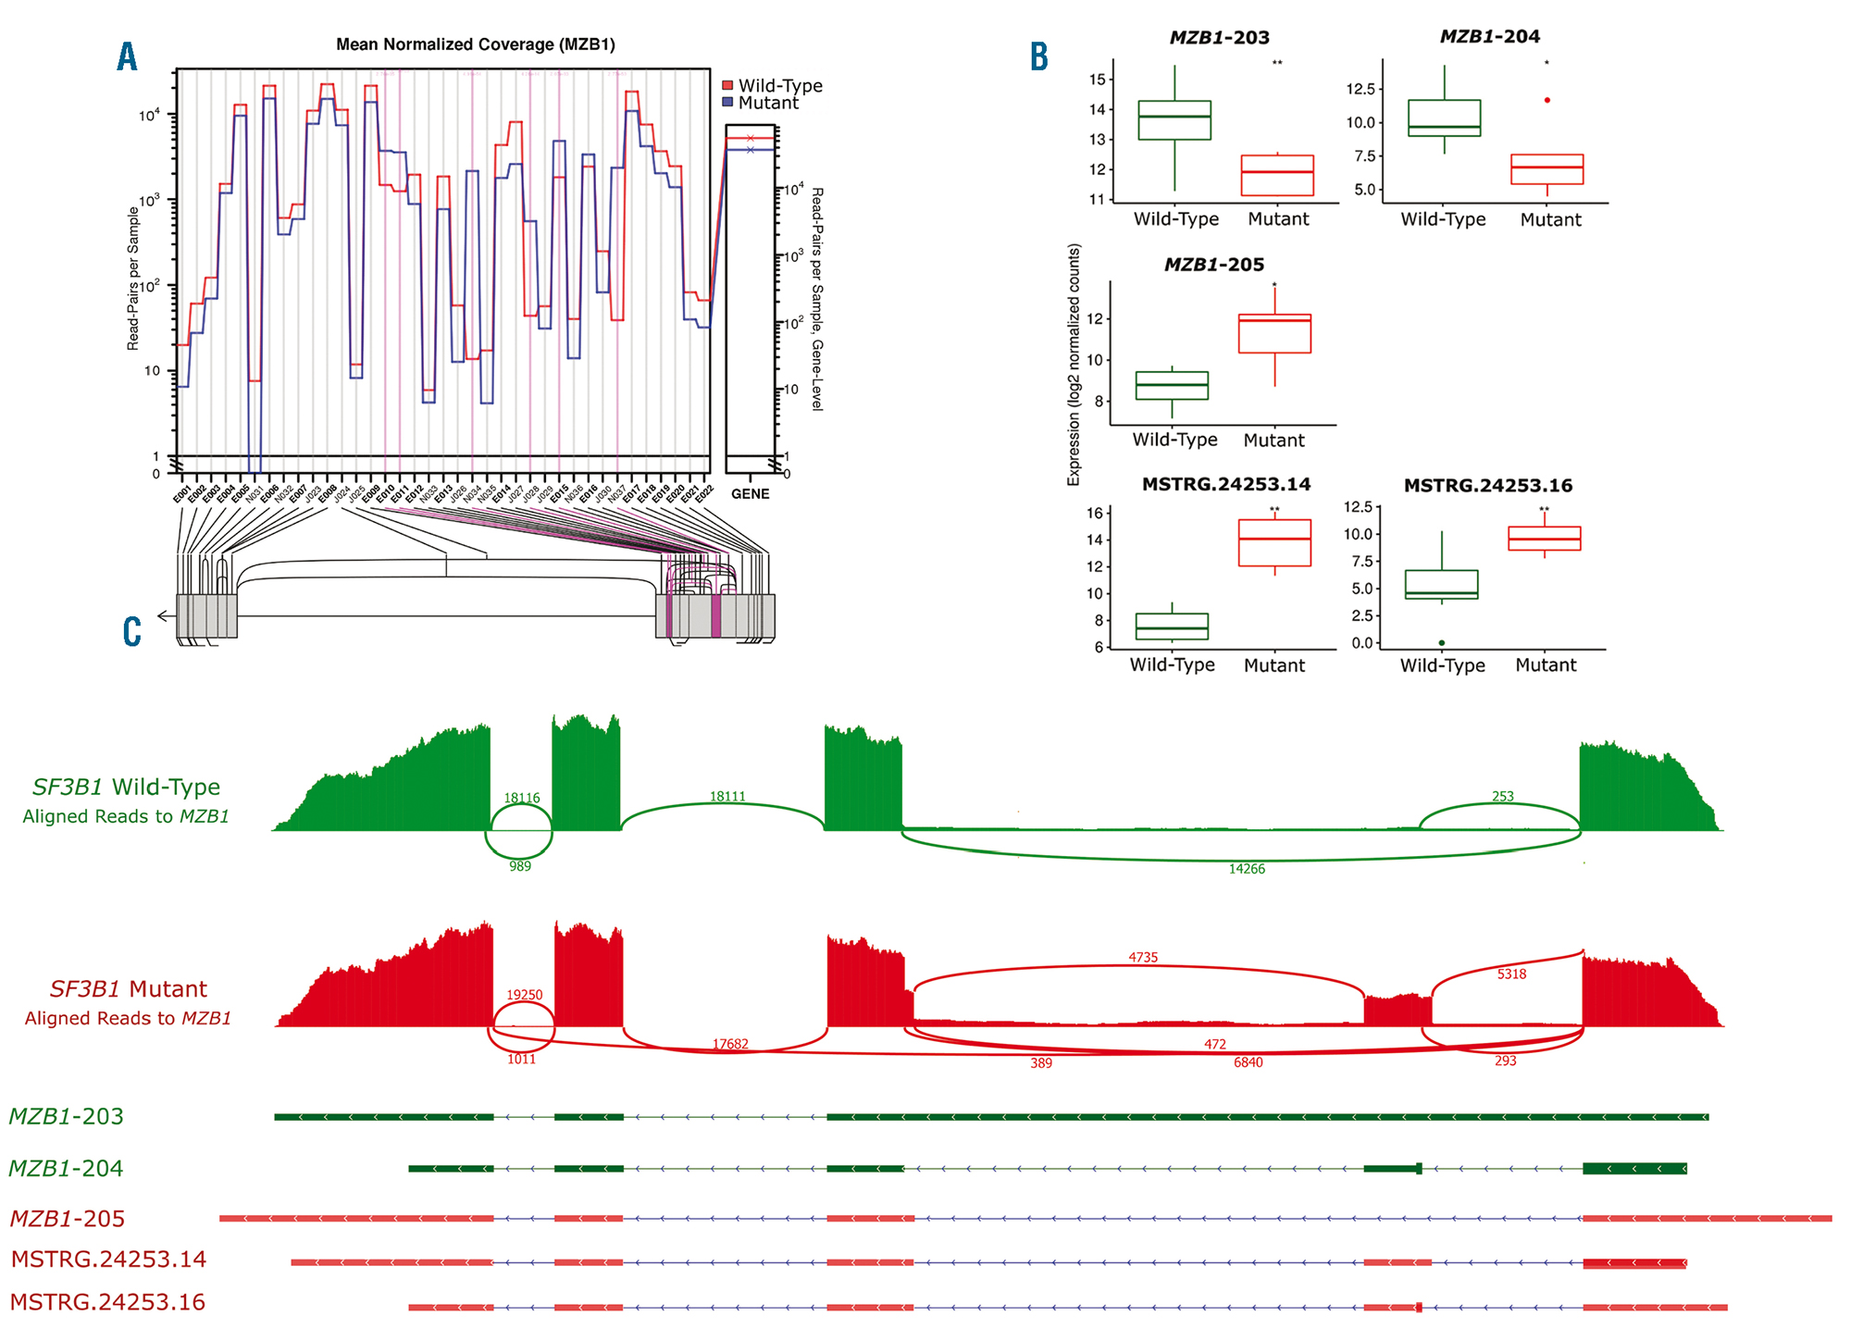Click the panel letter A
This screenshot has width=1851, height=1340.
[127, 57]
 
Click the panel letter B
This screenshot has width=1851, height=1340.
[1039, 57]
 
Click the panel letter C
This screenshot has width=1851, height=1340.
[131, 632]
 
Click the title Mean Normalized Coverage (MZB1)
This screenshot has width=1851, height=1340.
[475, 44]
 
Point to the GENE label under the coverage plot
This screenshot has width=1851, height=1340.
[750, 494]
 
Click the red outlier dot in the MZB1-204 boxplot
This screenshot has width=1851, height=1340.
[1547, 100]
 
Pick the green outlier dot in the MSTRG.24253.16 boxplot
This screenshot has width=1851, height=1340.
[1442, 643]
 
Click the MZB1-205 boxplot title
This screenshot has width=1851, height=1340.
[1213, 266]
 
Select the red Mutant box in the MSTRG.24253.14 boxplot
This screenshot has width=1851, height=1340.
[1274, 542]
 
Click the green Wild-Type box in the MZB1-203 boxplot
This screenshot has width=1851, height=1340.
[1174, 120]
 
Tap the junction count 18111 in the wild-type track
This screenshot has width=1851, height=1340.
[727, 797]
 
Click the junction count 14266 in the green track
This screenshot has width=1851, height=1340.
[1247, 869]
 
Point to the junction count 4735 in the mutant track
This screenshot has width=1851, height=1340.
[1143, 958]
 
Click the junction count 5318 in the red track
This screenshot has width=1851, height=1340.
[1511, 974]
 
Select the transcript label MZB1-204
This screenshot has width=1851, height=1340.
[66, 1169]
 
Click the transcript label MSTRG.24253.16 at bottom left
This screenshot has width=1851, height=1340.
[107, 1303]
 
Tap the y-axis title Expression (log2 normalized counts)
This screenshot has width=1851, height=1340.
[1074, 365]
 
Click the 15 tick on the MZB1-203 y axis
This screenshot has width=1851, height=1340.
[1098, 80]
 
